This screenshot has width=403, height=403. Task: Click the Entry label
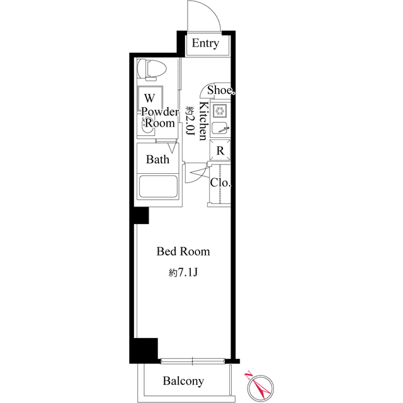pyautogui.click(x=205, y=43)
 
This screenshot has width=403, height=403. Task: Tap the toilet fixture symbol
pyautogui.click(x=151, y=69)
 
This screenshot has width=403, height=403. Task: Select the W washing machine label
pyautogui.click(x=150, y=98)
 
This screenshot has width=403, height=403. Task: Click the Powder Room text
pyautogui.click(x=160, y=118)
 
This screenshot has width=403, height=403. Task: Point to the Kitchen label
pyautogui.click(x=203, y=121)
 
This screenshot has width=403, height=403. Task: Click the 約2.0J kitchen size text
pyautogui.click(x=190, y=121)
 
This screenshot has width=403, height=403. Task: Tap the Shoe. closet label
pyautogui.click(x=221, y=90)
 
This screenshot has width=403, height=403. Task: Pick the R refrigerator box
pyautogui.click(x=220, y=150)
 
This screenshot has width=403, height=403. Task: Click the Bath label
pyautogui.click(x=157, y=159)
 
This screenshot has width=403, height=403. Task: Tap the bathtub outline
pyautogui.click(x=158, y=186)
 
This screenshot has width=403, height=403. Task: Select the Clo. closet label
pyautogui.click(x=220, y=183)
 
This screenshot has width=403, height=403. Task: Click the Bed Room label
pyautogui.click(x=183, y=251)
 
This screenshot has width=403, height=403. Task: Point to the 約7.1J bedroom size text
pyautogui.click(x=183, y=273)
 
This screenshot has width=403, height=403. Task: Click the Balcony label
pyautogui.click(x=183, y=381)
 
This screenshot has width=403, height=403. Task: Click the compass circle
pyautogui.click(x=261, y=388)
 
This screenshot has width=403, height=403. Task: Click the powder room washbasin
pyautogui.click(x=145, y=126)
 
